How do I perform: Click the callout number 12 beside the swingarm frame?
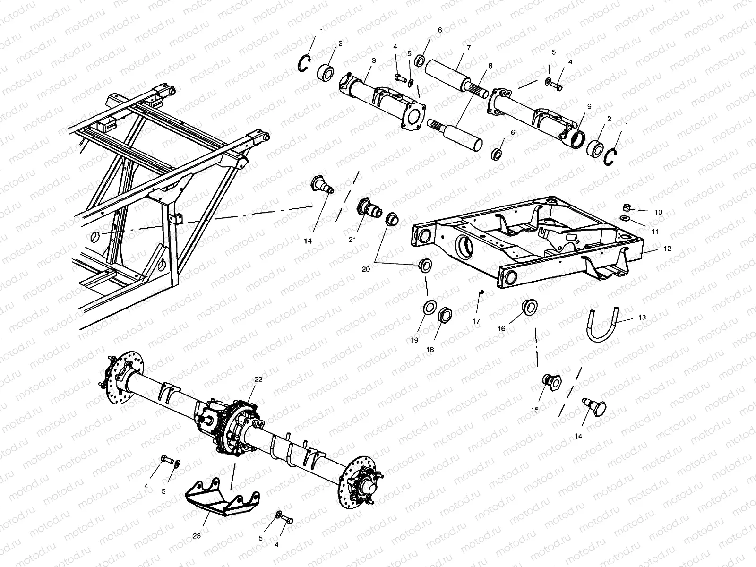667,249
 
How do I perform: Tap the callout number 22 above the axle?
258,379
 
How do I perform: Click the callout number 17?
476,321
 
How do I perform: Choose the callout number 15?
535,410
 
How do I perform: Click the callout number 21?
352,240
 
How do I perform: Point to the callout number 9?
589,107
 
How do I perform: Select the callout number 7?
469,48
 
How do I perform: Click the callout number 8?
490,66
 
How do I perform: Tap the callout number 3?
374,61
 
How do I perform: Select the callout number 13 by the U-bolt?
642,318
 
